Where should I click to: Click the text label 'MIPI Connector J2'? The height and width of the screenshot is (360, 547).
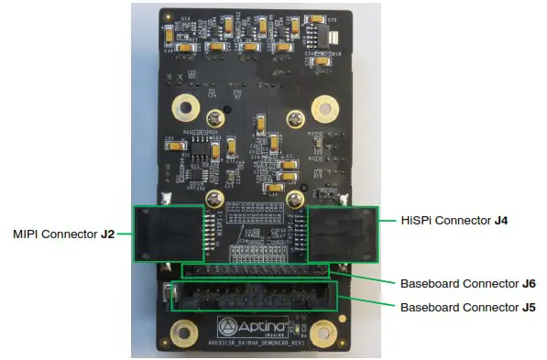62,234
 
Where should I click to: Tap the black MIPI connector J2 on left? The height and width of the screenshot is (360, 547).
168,234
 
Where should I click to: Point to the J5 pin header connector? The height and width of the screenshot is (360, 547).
255,299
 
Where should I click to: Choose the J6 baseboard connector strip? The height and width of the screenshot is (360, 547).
255,270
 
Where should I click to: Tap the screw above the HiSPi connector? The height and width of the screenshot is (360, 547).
295,198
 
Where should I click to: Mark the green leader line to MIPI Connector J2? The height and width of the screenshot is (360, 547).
126,234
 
